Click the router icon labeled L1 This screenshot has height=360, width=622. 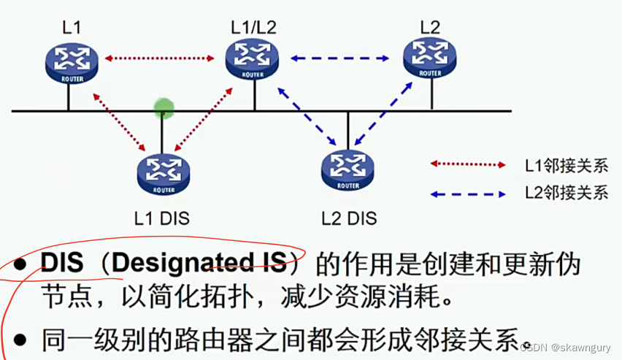tap(70, 61)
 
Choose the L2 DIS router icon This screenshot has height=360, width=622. tap(348, 169)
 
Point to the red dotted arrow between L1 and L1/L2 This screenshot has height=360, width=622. tap(161, 56)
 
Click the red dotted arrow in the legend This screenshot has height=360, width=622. tap(467, 165)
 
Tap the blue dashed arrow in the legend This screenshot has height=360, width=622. tap(467, 194)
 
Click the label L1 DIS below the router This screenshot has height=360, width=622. tap(162, 218)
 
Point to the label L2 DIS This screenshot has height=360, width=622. tap(349, 218)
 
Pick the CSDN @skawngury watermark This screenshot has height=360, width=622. tap(564, 349)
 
